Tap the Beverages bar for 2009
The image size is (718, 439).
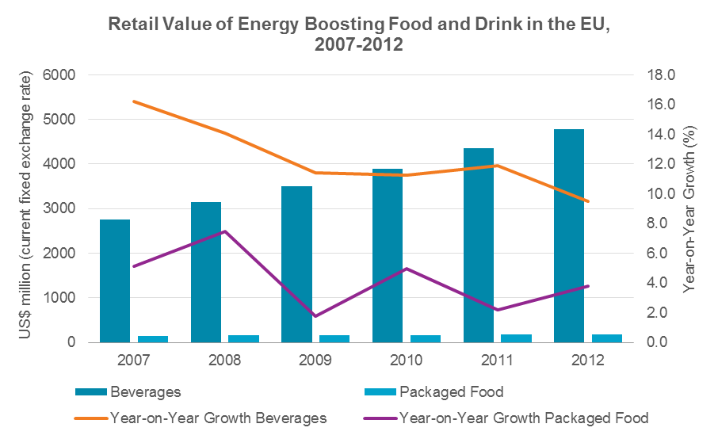click(296, 265)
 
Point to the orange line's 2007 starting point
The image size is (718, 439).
click(134, 101)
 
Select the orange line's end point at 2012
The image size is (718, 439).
click(587, 201)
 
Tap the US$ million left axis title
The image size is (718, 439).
click(29, 208)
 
